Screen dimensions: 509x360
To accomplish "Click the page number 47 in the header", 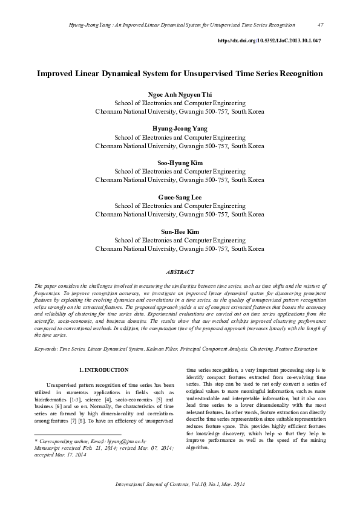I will (320, 25).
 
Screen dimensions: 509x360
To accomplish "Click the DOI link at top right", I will (268, 41).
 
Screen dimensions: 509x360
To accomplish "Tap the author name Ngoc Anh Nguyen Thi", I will (180, 95).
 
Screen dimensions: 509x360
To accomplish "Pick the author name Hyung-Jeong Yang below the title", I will (180, 129).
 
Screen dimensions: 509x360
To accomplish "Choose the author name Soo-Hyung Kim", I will (180, 163).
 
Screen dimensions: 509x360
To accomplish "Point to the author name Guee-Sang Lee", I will (180, 198).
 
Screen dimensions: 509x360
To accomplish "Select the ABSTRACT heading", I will (180, 273).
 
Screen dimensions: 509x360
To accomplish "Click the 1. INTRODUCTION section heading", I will (104, 369).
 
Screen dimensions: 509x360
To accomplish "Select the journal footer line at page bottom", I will (180, 485).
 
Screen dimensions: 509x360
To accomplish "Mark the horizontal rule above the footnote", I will (78, 435).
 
